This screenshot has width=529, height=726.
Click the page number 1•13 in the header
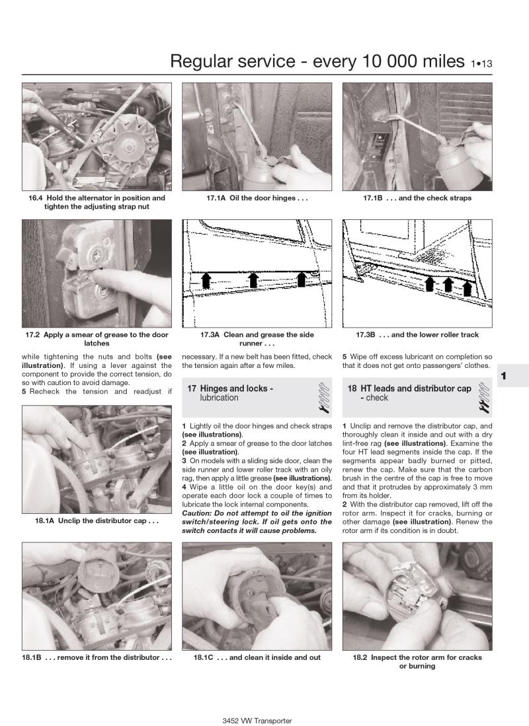[x=481, y=64]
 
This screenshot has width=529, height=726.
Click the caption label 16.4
[x=36, y=198]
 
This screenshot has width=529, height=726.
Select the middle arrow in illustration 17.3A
[x=253, y=280]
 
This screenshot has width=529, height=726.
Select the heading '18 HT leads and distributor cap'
[x=409, y=388]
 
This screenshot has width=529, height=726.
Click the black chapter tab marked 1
[x=512, y=376]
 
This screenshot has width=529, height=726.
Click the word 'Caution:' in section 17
[x=197, y=513]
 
